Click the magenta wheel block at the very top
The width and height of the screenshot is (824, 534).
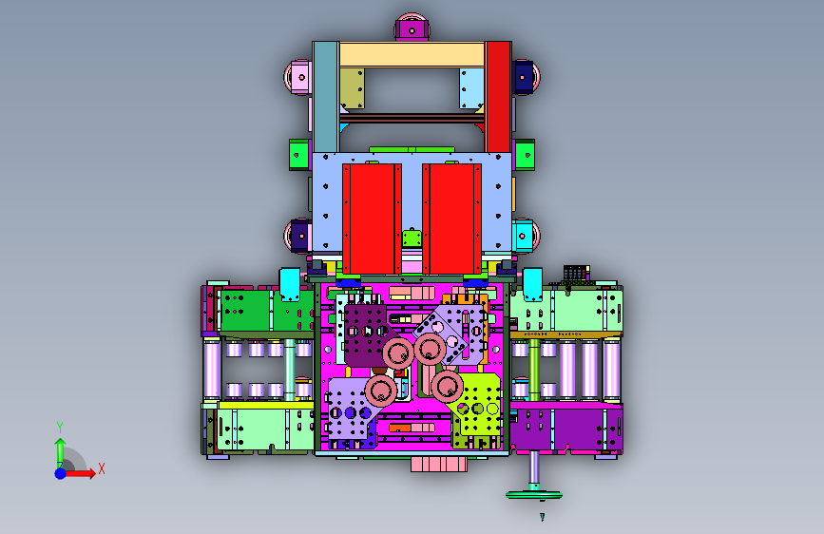point(412,28)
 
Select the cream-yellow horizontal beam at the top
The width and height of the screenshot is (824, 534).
point(412,55)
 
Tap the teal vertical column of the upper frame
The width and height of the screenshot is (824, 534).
point(326,97)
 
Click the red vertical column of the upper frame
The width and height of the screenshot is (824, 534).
point(498,97)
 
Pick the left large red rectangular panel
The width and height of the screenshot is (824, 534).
point(372,219)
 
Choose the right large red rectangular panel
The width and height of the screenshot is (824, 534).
point(452,219)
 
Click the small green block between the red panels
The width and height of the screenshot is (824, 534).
point(412,238)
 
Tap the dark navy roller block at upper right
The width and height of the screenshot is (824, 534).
point(524,77)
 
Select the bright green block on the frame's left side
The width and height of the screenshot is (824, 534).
point(300,155)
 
